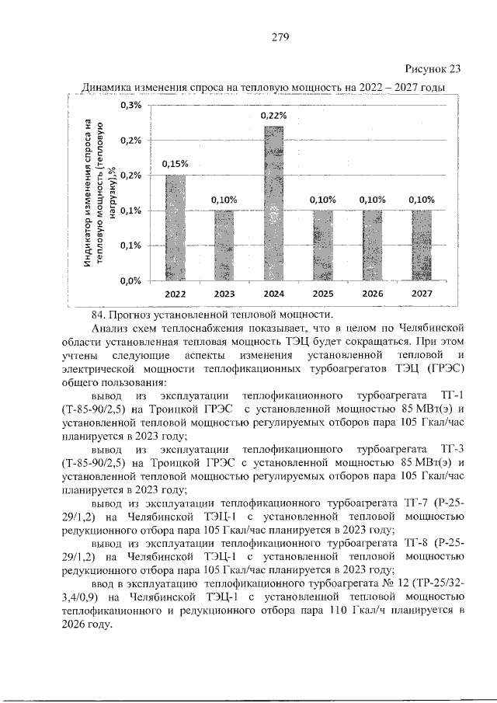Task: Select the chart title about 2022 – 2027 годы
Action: [x=265, y=87]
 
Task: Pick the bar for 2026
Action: [x=372, y=245]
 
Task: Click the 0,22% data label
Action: [x=273, y=116]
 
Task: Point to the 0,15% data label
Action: [x=175, y=164]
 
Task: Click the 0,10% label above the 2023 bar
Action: [x=224, y=200]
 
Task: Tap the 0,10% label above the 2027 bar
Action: [x=422, y=200]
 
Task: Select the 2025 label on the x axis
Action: [x=323, y=294]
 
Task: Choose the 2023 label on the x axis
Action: [x=224, y=294]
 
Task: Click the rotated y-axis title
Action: [x=99, y=193]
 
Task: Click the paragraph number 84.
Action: [x=99, y=315]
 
